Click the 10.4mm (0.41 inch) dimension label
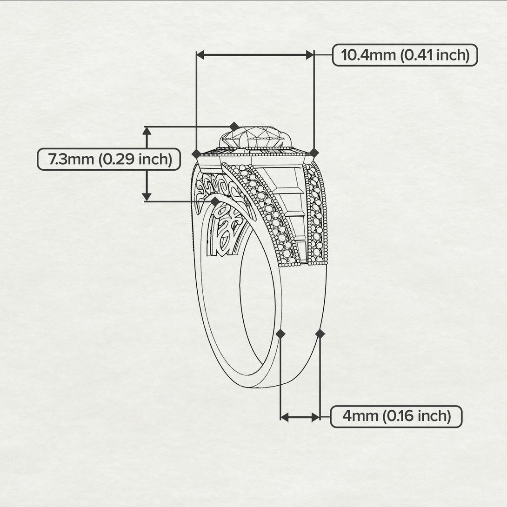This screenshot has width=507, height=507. click(x=405, y=55)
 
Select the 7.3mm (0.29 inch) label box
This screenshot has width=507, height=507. click(x=109, y=159)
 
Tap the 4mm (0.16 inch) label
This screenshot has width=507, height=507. click(x=396, y=416)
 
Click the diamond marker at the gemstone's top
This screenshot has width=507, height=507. click(x=234, y=127)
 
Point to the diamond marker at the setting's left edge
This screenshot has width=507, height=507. click(x=197, y=154)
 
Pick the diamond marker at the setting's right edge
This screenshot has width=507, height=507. click(x=314, y=153)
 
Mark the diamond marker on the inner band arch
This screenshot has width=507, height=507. click(x=215, y=201)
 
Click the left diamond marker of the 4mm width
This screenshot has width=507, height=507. click(x=280, y=334)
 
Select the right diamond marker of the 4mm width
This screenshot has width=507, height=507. click(x=320, y=334)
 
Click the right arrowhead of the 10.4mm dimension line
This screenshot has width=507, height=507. click(x=310, y=55)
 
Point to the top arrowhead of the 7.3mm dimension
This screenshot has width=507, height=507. click(x=147, y=131)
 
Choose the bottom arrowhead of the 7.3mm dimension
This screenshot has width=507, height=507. click(x=147, y=197)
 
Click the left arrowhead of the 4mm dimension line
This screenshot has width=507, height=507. click(x=285, y=417)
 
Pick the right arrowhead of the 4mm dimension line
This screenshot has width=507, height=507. click(x=315, y=417)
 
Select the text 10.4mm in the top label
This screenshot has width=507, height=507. click(x=368, y=55)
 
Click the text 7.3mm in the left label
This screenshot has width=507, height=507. click(x=71, y=159)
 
